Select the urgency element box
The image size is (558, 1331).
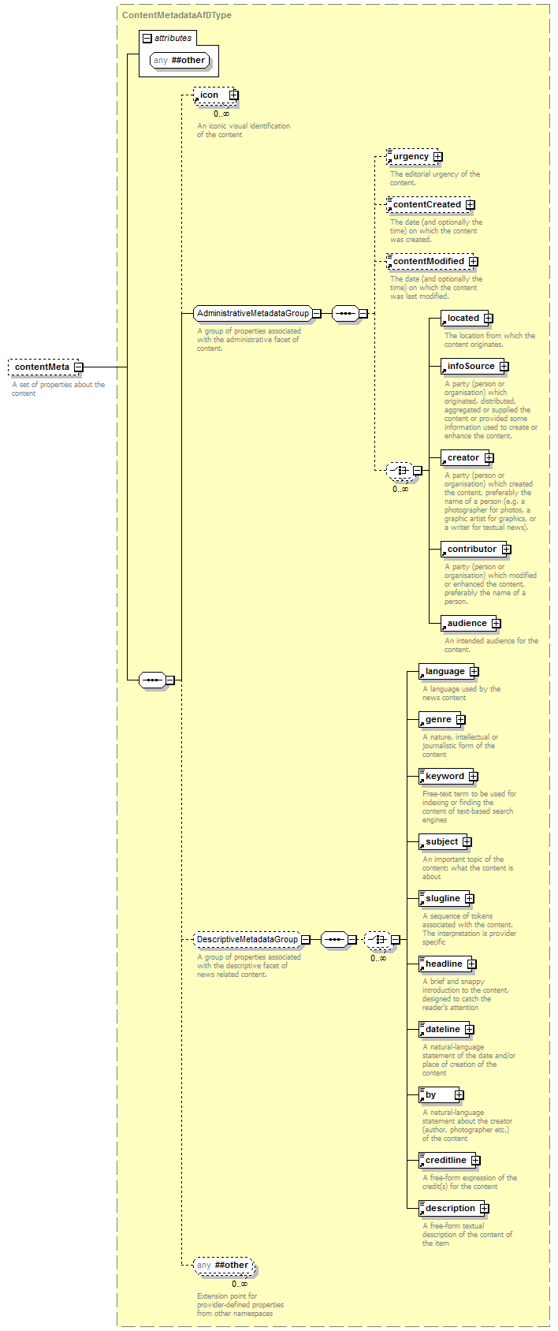coord(415,156)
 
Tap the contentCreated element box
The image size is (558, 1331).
coord(430,204)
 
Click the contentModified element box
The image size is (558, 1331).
coord(432,262)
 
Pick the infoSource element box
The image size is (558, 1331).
coord(474,366)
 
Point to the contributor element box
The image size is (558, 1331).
coord(475,549)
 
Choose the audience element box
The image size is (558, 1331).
coord(471,623)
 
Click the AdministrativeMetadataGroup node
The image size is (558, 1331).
coord(257,313)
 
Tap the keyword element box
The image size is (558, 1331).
coord(448,776)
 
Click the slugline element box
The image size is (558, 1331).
coord(446,898)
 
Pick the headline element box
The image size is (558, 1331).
coord(448,964)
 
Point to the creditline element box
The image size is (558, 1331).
coord(449,1160)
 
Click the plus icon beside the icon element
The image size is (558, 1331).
coord(234,95)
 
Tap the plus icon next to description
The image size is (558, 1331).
coord(485,1208)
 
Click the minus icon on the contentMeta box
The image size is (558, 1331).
coord(78,367)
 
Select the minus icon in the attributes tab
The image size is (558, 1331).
coord(147,38)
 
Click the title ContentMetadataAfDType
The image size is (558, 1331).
coord(177,15)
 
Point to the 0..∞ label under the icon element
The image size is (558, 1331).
coord(221,114)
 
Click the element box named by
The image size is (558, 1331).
coord(441,1094)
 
